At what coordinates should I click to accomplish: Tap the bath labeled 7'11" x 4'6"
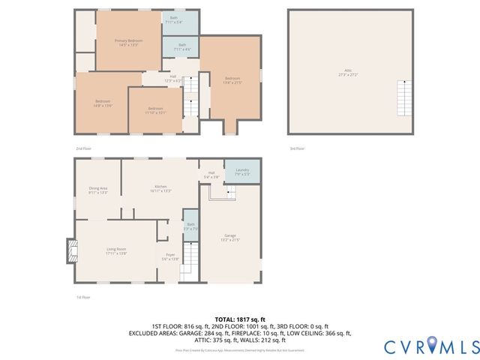coord(181,46)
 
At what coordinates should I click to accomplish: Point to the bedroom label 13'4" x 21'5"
coord(232,80)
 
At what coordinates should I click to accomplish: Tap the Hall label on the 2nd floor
coord(172,77)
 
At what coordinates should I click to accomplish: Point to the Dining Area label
coord(98,190)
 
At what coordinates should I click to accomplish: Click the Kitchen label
coord(160,188)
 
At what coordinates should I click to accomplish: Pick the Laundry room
coord(242,172)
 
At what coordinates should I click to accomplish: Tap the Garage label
coord(229,238)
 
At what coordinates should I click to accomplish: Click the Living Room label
coord(116,250)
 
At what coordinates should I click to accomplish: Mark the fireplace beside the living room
coord(71,250)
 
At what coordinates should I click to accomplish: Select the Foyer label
coord(170,256)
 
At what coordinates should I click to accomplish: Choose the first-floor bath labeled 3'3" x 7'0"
coord(190,226)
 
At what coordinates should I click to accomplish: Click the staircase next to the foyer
coord(190,262)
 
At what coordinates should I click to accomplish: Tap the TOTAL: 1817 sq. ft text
coord(240,319)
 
